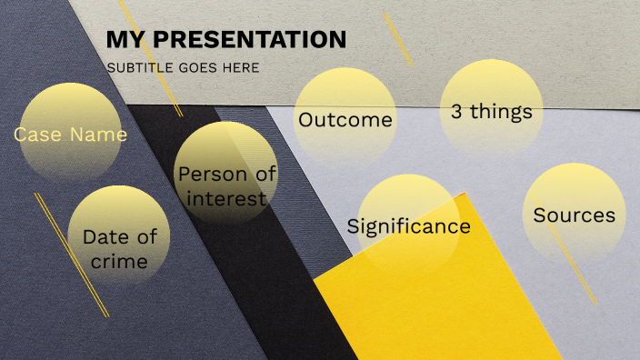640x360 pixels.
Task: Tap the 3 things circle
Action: [491, 111]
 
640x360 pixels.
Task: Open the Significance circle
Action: [408, 225]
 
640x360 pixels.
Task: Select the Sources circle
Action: [574, 215]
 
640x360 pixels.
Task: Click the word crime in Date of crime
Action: [119, 262]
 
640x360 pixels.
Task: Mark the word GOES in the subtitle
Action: [199, 67]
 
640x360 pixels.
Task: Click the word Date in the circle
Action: [103, 237]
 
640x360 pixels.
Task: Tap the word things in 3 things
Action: [503, 112]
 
